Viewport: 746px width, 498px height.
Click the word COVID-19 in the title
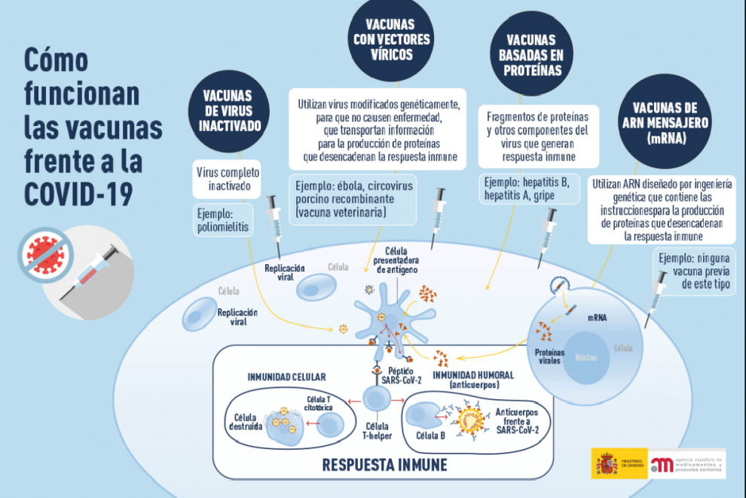pyautogui.click(x=78, y=194)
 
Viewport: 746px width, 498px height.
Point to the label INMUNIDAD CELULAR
pyautogui.click(x=286, y=377)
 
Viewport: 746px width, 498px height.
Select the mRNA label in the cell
pyautogui.click(x=596, y=318)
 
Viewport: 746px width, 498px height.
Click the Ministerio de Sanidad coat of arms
pyautogui.click(x=606, y=463)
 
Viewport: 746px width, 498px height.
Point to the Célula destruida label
pyautogui.click(x=248, y=420)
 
